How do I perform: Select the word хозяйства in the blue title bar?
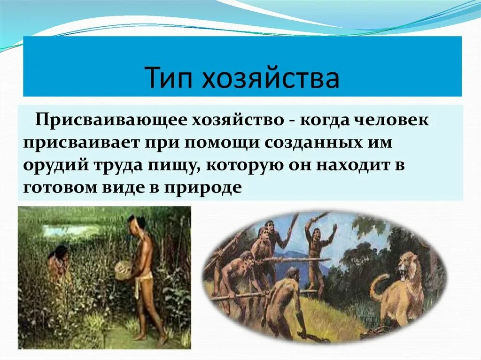click(x=271, y=79)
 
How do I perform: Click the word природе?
click(x=203, y=187)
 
